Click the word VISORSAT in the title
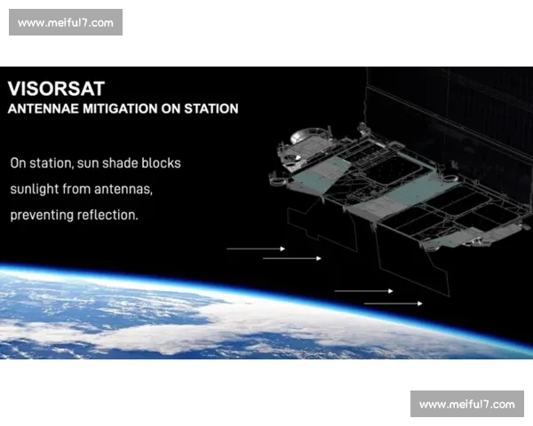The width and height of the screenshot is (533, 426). pos(56,89)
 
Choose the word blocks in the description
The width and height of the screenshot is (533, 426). pos(162,164)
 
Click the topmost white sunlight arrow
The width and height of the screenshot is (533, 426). pos(256,248)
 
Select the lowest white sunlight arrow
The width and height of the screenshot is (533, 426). pos(394,304)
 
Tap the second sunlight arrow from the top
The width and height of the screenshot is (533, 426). pos(292,258)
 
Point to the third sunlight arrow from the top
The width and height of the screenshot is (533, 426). pos(363,290)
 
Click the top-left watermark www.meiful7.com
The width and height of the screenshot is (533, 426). pos(67,22)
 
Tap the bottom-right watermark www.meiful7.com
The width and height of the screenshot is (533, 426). pos(465,405)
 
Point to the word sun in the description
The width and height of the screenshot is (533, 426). pos(91,164)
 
